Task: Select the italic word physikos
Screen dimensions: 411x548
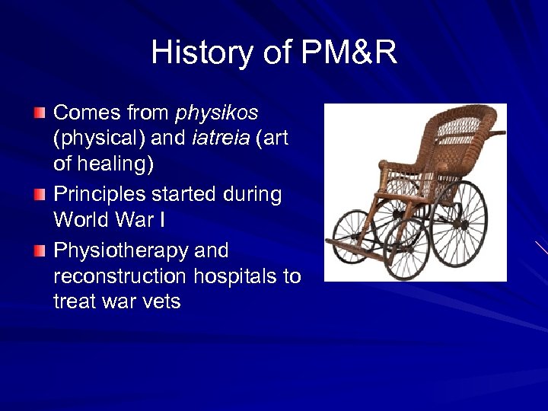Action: pyautogui.click(x=217, y=113)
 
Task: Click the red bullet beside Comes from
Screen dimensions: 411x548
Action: pyautogui.click(x=40, y=113)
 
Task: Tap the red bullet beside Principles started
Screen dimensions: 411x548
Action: pyautogui.click(x=40, y=195)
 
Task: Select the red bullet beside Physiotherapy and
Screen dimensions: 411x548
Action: pyautogui.click(x=40, y=250)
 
